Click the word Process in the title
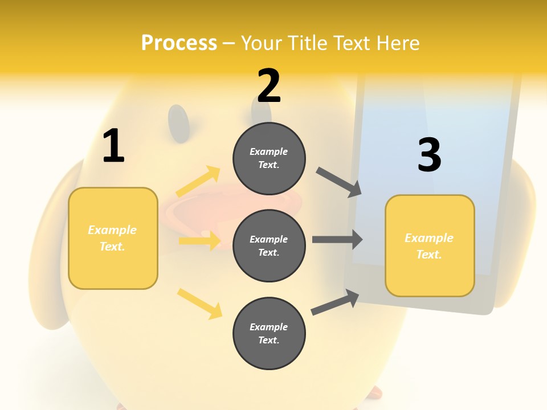tap(179, 43)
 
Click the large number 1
tap(113, 146)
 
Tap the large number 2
tap(269, 87)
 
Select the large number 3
tap(429, 155)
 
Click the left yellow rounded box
tap(113, 238)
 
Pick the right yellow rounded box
tap(430, 245)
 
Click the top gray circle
tap(269, 158)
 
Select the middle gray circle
tap(269, 245)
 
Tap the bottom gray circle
tap(269, 333)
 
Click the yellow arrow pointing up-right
tap(198, 182)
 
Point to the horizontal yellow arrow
tap(199, 241)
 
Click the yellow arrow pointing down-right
tap(199, 304)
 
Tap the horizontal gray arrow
tap(337, 239)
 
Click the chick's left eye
tap(179, 122)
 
